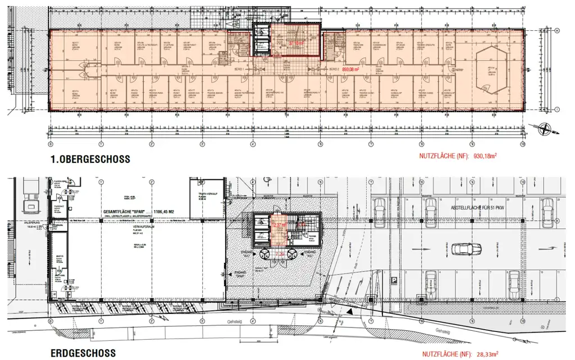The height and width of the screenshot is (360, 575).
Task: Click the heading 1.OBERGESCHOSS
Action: click(x=89, y=158)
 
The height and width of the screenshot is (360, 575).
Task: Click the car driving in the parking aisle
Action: click(x=465, y=248)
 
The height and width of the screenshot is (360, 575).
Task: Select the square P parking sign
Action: click(x=395, y=280)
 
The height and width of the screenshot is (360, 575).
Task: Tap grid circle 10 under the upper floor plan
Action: click(x=522, y=143)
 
